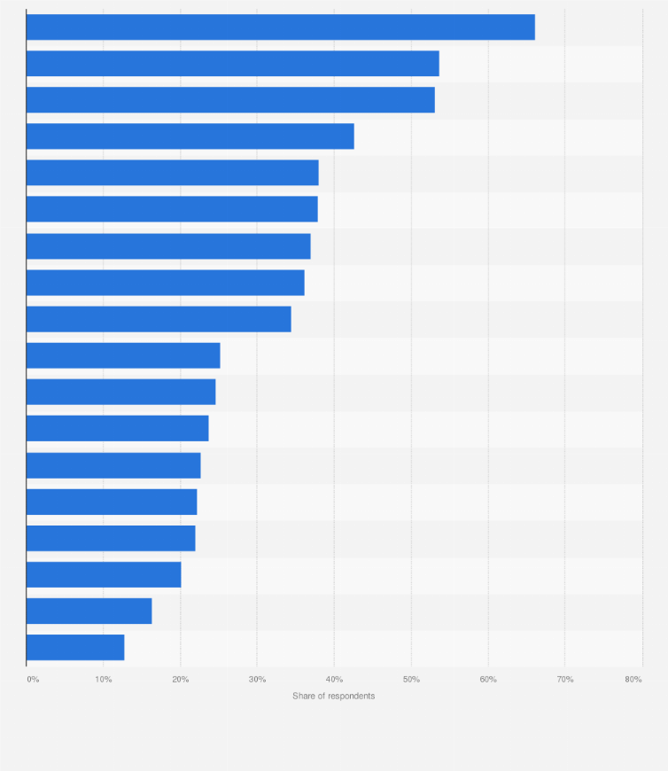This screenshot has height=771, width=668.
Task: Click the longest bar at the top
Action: [x=280, y=27]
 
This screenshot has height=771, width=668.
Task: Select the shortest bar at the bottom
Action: [x=75, y=648]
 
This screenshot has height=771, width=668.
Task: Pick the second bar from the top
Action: [x=232, y=64]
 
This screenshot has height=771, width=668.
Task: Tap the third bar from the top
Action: [x=230, y=100]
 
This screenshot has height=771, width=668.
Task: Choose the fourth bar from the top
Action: [x=190, y=136]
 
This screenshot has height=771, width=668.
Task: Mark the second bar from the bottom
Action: [x=89, y=611]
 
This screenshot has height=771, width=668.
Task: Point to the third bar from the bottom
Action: [x=104, y=575]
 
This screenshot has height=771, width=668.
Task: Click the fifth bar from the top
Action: [x=172, y=173]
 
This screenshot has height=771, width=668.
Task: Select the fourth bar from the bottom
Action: [x=111, y=539]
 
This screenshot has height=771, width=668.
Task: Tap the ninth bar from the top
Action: [x=159, y=319]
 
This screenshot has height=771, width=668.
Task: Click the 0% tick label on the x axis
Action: [x=33, y=680]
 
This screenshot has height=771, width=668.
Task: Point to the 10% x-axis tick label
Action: [x=104, y=680]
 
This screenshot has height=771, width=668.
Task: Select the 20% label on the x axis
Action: [x=180, y=680]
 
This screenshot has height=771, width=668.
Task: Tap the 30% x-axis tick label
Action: [x=257, y=680]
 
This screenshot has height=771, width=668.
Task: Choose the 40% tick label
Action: [x=334, y=680]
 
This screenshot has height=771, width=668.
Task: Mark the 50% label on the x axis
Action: [x=411, y=680]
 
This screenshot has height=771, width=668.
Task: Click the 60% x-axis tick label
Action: [x=488, y=680]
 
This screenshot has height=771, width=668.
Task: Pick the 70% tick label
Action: [x=564, y=680]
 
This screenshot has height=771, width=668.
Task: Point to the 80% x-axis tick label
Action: [x=633, y=680]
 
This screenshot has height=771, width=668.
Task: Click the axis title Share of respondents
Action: [x=334, y=697]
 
